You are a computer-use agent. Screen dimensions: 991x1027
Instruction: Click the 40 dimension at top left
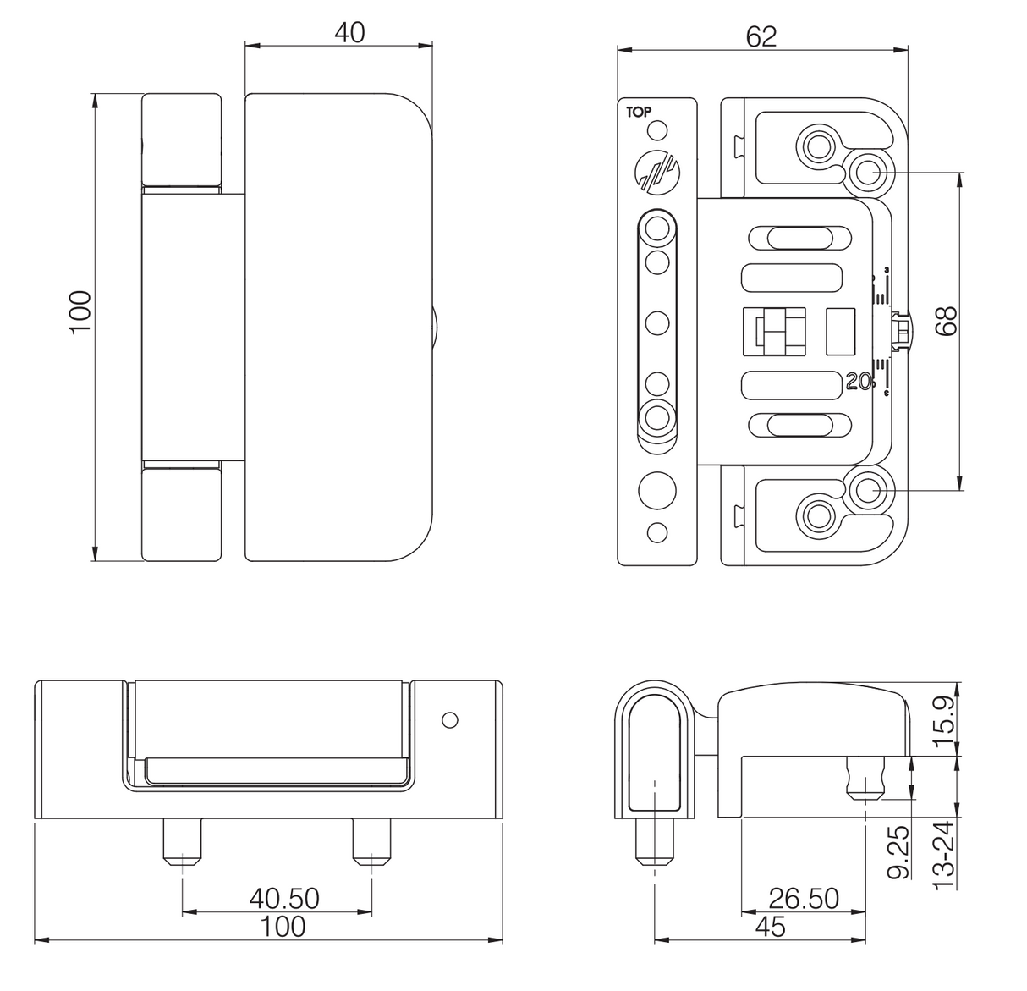click(x=349, y=32)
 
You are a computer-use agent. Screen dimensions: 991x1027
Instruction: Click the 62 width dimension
click(x=761, y=36)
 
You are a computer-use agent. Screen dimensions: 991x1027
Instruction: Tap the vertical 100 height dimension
click(x=80, y=311)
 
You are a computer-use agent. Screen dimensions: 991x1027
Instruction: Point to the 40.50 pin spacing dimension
click(x=284, y=898)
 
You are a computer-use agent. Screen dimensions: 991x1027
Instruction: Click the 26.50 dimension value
click(x=803, y=898)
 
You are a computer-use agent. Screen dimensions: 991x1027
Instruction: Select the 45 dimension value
click(x=769, y=927)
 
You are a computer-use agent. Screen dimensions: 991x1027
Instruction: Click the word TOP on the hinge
click(x=639, y=111)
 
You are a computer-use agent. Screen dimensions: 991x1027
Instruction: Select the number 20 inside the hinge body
click(x=858, y=382)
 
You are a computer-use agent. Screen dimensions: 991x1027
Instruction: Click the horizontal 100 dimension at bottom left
click(x=283, y=927)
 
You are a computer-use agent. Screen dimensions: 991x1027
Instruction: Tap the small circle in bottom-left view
click(x=450, y=720)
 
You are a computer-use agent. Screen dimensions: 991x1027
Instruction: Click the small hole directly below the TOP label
click(x=656, y=131)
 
